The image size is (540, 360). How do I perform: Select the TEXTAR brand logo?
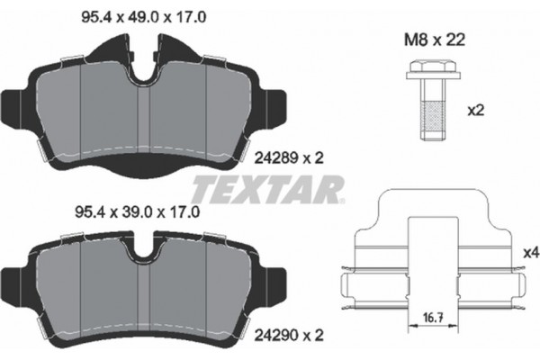[267, 189]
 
